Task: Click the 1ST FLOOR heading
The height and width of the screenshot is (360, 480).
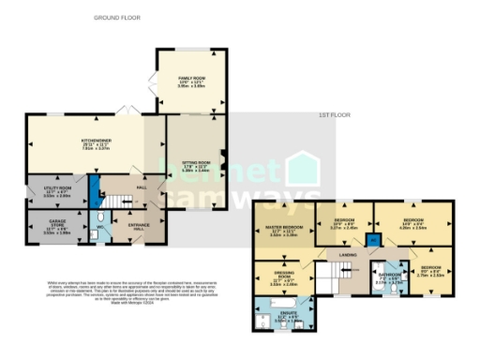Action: point(332,115)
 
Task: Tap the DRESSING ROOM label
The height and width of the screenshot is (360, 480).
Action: point(283,277)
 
